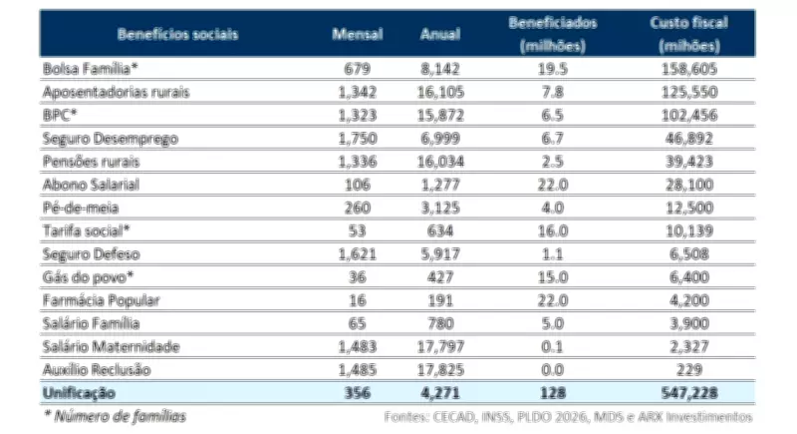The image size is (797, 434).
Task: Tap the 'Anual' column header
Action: pyautogui.click(x=440, y=33)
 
